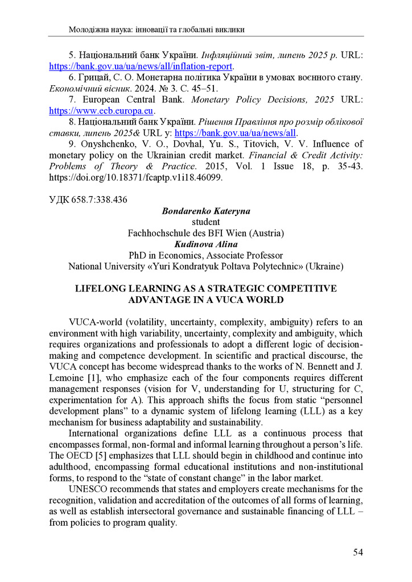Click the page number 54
point(357,552)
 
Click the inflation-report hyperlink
point(141,66)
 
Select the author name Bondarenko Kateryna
point(206,211)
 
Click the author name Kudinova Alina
point(206,244)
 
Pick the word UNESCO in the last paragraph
point(87,489)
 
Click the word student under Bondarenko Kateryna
point(206,222)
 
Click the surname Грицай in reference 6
point(93,77)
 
